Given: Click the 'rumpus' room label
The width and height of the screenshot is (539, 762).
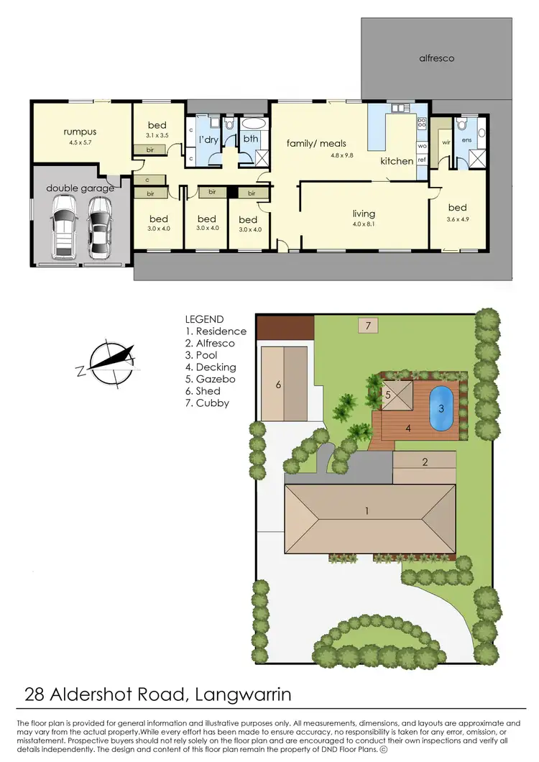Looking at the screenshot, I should pos(79,132).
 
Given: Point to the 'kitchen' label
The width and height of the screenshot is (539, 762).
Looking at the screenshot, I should pos(397,161).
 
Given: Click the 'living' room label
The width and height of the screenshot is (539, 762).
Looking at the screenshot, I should pos(364,214).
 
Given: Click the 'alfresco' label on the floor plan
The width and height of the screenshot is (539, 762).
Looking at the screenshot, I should pos(436,58).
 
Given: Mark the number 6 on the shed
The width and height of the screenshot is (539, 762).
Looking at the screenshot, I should pos(277,385).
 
